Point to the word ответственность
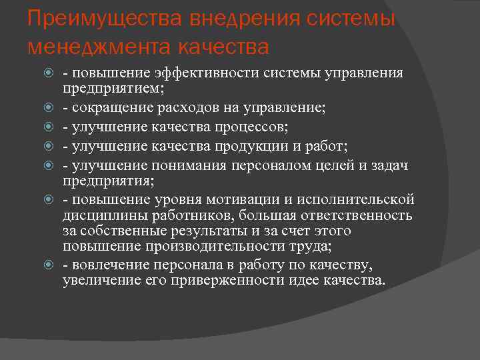point(357,215)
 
